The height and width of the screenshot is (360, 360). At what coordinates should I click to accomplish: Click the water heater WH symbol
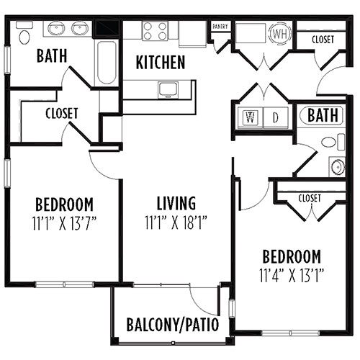[x=280, y=34]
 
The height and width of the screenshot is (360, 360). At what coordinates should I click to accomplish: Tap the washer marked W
[x=251, y=117]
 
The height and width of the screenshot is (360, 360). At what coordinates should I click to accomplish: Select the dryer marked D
[x=276, y=117]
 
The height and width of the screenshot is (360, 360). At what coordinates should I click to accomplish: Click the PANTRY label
[x=220, y=27]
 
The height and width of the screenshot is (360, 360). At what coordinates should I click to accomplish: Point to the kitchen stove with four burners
[x=155, y=31]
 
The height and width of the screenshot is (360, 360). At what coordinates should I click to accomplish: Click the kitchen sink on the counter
[x=168, y=90]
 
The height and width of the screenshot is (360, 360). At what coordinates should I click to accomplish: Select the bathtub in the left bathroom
[x=107, y=63]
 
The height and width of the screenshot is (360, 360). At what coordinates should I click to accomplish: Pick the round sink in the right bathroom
[x=337, y=166]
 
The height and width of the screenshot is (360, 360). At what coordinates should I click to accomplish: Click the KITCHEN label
[x=161, y=62]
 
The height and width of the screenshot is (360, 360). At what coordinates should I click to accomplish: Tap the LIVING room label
[x=176, y=203]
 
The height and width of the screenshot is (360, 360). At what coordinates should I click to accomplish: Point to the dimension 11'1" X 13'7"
[x=64, y=223]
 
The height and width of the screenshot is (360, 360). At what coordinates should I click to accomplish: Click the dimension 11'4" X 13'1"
[x=292, y=275]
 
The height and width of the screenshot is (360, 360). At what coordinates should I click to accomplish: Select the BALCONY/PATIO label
[x=173, y=325]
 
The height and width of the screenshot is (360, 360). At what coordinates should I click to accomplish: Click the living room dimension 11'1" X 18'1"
[x=176, y=222]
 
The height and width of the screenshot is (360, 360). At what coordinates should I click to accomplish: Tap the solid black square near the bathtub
[x=106, y=29]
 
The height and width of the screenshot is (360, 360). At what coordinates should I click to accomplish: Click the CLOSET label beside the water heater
[x=323, y=40]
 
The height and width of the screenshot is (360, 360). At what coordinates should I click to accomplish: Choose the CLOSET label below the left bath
[x=62, y=113]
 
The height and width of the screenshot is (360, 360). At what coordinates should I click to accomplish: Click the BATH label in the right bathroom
[x=323, y=115]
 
